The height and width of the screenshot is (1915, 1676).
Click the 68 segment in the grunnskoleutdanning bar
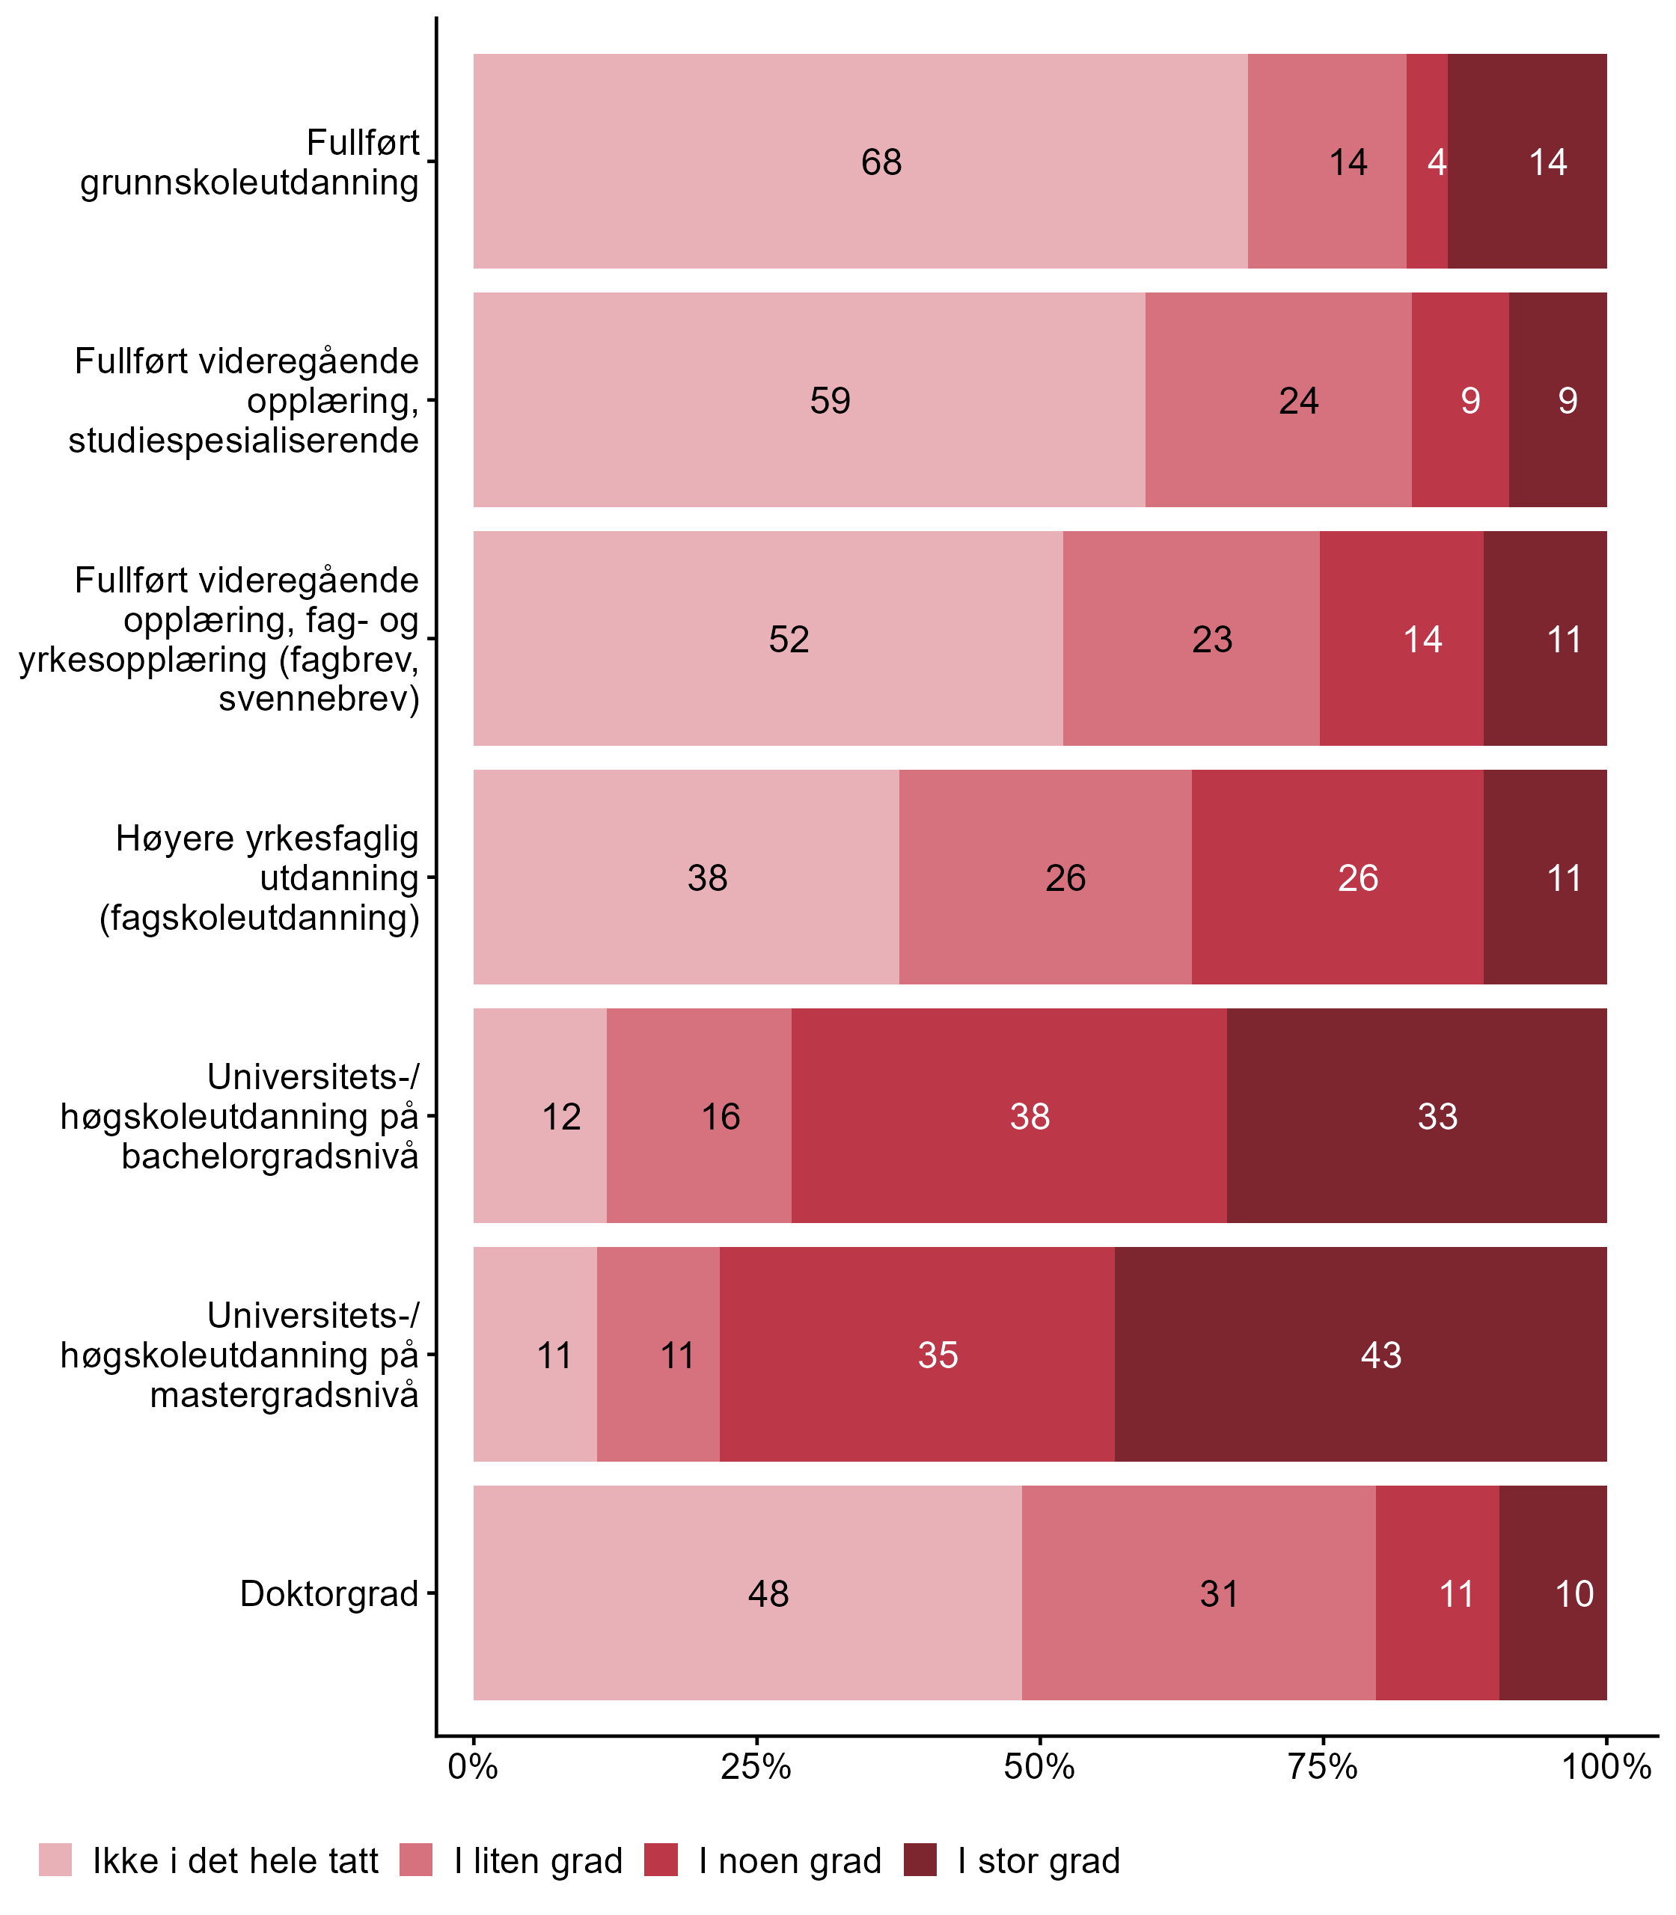(x=860, y=162)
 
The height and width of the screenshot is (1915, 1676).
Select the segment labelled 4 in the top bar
(x=1428, y=162)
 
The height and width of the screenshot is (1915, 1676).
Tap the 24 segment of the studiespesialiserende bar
(x=1279, y=400)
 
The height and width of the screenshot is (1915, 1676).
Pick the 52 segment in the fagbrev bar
(x=768, y=639)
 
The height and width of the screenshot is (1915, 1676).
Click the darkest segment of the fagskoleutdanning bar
(x=1545, y=877)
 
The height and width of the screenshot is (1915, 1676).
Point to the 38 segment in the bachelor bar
(x=1009, y=1115)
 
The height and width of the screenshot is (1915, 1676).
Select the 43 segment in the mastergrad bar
(x=1361, y=1354)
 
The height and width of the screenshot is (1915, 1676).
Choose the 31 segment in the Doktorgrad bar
(x=1199, y=1593)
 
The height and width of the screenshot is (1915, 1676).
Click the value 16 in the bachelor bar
(x=721, y=1116)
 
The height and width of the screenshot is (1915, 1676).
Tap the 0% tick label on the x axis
(x=473, y=1767)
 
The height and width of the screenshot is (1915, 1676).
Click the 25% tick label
(x=756, y=1767)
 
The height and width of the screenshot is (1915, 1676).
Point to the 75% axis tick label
(x=1324, y=1767)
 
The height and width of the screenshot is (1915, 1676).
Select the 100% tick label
(x=1606, y=1767)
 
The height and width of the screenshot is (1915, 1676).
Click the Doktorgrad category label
(x=329, y=1593)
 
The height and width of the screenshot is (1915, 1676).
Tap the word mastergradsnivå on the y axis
(x=284, y=1395)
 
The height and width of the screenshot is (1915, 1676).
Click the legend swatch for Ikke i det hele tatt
(x=55, y=1860)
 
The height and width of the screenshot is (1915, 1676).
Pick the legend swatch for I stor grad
(x=920, y=1860)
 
